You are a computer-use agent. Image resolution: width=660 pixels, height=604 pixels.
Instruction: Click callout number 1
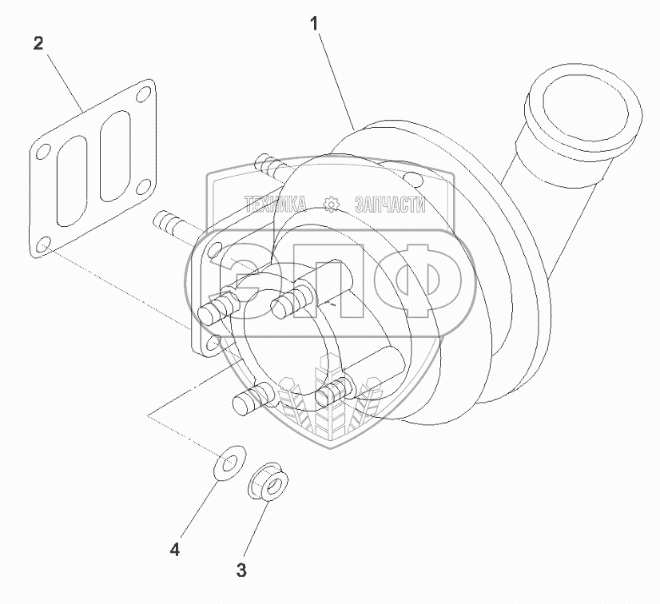[x=315, y=24]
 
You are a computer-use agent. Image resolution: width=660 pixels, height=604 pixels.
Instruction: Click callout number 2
[x=38, y=43]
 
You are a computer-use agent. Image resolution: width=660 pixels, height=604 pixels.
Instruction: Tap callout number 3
[x=241, y=570]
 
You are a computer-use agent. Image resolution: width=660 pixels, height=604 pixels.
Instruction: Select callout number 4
[x=175, y=549]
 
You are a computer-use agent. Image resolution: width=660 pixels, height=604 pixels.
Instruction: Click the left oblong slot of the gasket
[x=72, y=181]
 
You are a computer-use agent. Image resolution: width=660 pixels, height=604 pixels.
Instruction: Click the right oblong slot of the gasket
[x=114, y=156]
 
